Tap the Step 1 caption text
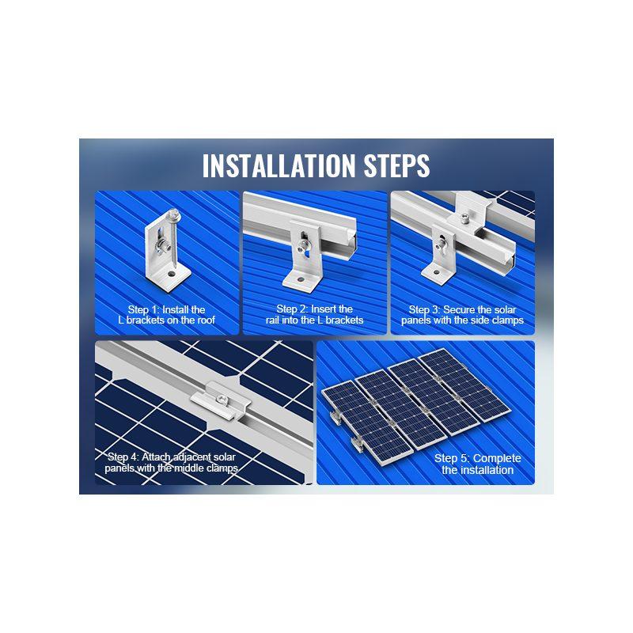tap(167, 315)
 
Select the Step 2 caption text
tap(315, 314)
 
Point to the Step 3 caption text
tap(462, 314)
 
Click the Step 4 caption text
tap(172, 463)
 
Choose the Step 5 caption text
tap(478, 464)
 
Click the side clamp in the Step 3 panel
tap(468, 209)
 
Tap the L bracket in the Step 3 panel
tap(437, 257)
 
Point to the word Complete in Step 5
tap(498, 458)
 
